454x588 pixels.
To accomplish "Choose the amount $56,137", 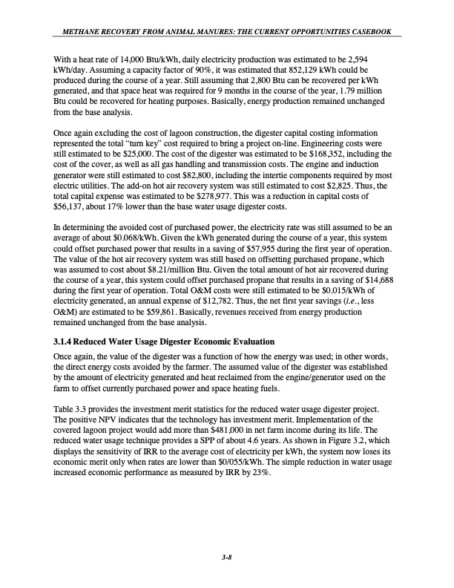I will [x=70, y=215].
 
